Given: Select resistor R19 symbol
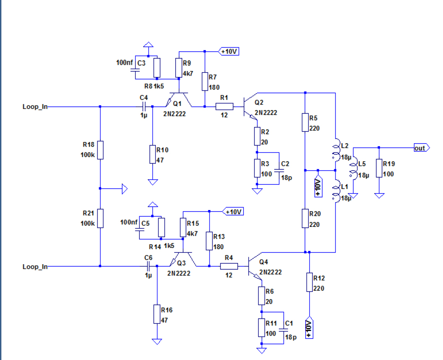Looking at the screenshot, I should [x=379, y=168].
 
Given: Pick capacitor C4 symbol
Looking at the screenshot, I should [x=144, y=107].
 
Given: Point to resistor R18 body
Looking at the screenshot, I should [x=100, y=150].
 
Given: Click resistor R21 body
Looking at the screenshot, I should [x=100, y=218].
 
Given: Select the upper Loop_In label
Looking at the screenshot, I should [x=35, y=107].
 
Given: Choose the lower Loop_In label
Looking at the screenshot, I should [x=35, y=266].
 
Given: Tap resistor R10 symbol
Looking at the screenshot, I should [x=153, y=154].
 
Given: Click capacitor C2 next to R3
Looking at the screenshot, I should [x=279, y=168].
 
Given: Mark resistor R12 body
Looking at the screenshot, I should [x=309, y=283].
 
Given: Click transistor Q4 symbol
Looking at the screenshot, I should [x=254, y=266].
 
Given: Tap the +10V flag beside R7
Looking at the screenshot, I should [x=229, y=51].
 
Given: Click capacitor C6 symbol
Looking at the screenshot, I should [x=148, y=266].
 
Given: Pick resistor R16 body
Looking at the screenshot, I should [x=157, y=314].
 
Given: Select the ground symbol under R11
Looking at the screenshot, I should [x=262, y=349].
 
